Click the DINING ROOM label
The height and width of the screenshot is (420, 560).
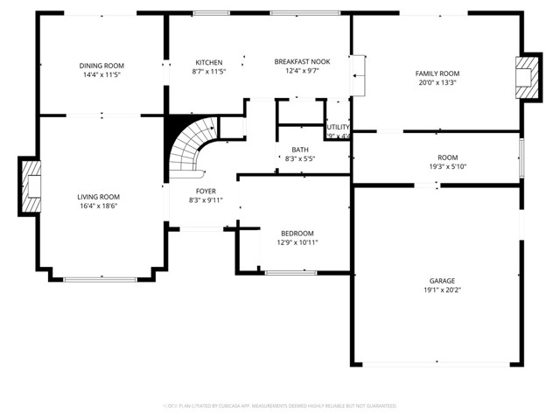pyautogui.click(x=102, y=66)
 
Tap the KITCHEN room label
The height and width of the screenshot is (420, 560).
pyautogui.click(x=208, y=62)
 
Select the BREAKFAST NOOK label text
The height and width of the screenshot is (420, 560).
pyautogui.click(x=302, y=62)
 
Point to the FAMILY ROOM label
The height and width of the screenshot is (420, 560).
pyautogui.click(x=437, y=73)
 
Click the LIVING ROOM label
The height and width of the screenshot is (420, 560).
pyautogui.click(x=98, y=197)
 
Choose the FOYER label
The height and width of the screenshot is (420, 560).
pyautogui.click(x=206, y=191)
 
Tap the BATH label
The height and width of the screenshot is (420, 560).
pyautogui.click(x=300, y=150)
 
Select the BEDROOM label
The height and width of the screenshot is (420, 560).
pyautogui.click(x=297, y=233)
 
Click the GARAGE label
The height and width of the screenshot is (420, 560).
pyautogui.click(x=441, y=280)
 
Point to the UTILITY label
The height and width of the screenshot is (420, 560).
pyautogui.click(x=338, y=128)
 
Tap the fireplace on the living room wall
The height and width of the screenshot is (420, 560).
pyautogui.click(x=31, y=185)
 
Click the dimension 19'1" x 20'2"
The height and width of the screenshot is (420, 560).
pyautogui.click(x=441, y=290)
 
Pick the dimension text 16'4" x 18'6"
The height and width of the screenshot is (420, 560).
pyautogui.click(x=98, y=206)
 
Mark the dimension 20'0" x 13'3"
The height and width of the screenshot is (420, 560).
pyautogui.click(x=437, y=83)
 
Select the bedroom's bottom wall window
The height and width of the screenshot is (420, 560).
pyautogui.click(x=291, y=273)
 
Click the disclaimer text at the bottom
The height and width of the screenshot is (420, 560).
pyautogui.click(x=280, y=406)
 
